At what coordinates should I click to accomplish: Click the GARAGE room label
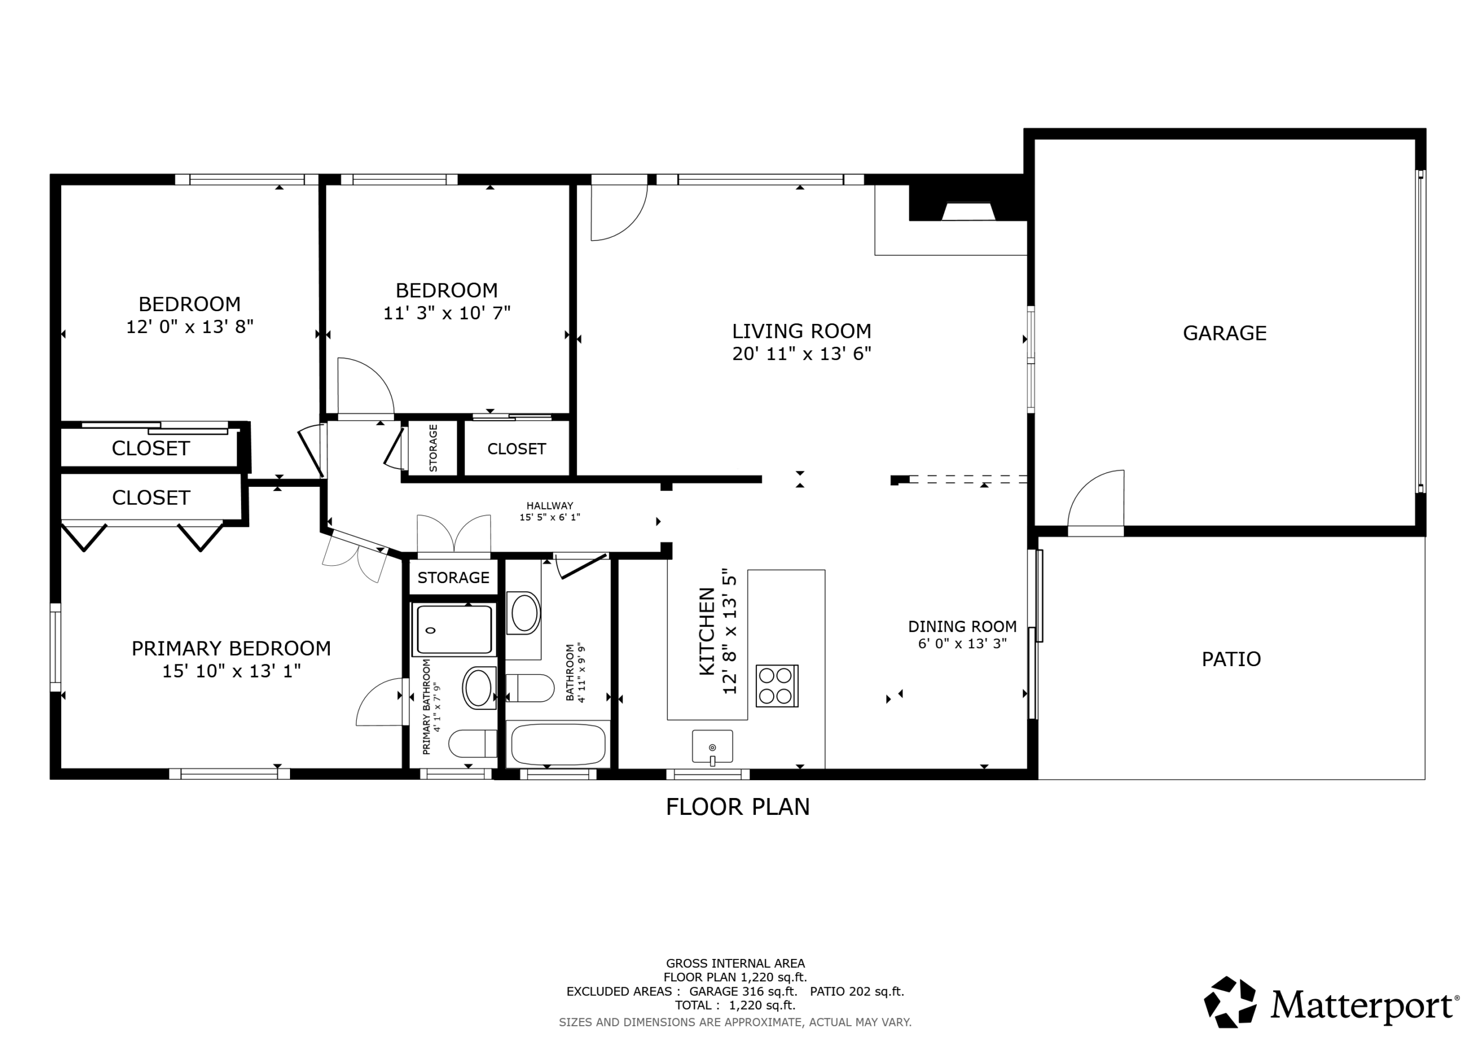coord(1224,333)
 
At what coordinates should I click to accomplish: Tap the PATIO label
coord(1231,659)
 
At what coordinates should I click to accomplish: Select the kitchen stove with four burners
coord(777,686)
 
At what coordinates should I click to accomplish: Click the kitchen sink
coord(712,746)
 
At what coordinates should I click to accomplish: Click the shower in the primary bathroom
coord(454,630)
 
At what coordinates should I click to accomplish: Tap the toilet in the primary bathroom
coord(473,743)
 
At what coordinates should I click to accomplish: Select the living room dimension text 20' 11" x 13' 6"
coord(801,354)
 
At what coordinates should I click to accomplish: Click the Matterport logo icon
coord(1230,1002)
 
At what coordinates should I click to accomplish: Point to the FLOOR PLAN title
coord(737,807)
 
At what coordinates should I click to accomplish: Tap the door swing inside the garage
coord(1095,498)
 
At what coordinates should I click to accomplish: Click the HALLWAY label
coord(549,506)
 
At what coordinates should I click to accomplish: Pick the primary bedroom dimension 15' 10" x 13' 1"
coord(231,671)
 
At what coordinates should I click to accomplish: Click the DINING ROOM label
coord(962,626)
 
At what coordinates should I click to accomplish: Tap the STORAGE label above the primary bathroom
coord(453,578)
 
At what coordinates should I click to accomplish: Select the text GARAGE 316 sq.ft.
coord(743,992)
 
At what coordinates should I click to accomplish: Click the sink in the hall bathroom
coord(524,613)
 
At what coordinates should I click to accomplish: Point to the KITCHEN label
coord(706,631)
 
